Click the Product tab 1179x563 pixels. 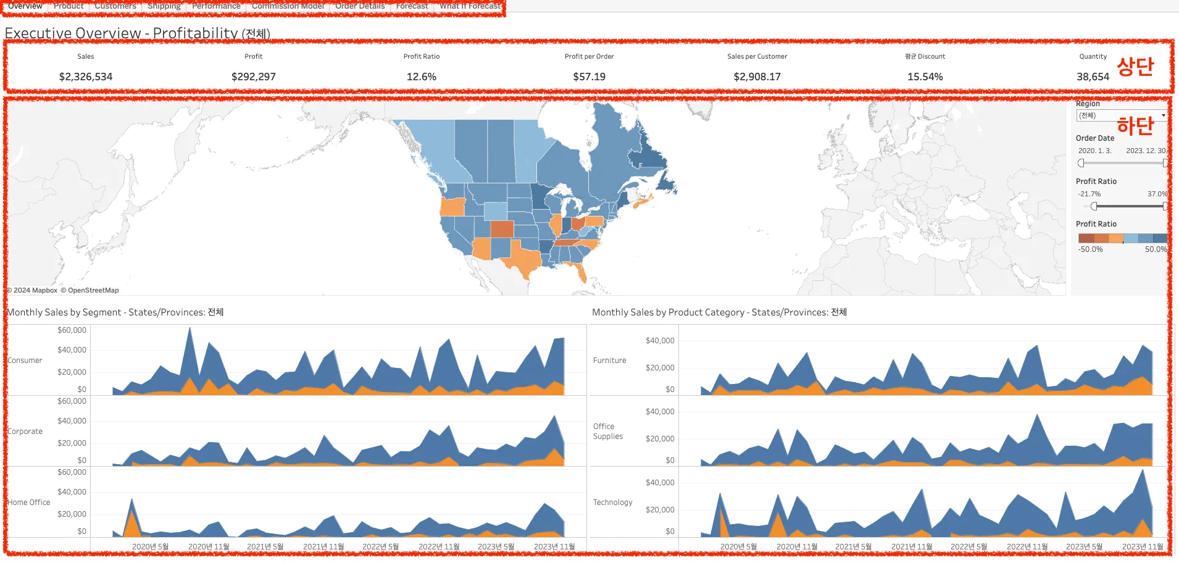tap(69, 6)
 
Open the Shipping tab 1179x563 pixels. tap(164, 6)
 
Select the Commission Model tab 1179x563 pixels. tap(288, 6)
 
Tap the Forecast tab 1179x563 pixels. tap(412, 6)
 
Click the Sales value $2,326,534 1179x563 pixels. tap(86, 77)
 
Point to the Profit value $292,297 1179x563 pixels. tap(254, 77)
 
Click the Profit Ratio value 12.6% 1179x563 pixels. tap(422, 77)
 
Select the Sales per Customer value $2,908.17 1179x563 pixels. tap(757, 77)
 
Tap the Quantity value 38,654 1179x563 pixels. tap(1093, 77)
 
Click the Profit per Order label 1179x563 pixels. tap(589, 56)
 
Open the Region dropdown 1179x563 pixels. tap(1121, 115)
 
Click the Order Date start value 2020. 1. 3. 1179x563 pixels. tap(1094, 151)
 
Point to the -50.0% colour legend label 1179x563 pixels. tap(1090, 249)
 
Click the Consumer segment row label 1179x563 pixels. tap(25, 361)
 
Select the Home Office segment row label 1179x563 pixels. tap(29, 503)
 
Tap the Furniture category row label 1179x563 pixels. tap(609, 361)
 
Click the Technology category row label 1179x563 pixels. tap(612, 503)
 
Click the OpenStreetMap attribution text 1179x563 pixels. tap(93, 290)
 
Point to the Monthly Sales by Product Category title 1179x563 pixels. tap(719, 312)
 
